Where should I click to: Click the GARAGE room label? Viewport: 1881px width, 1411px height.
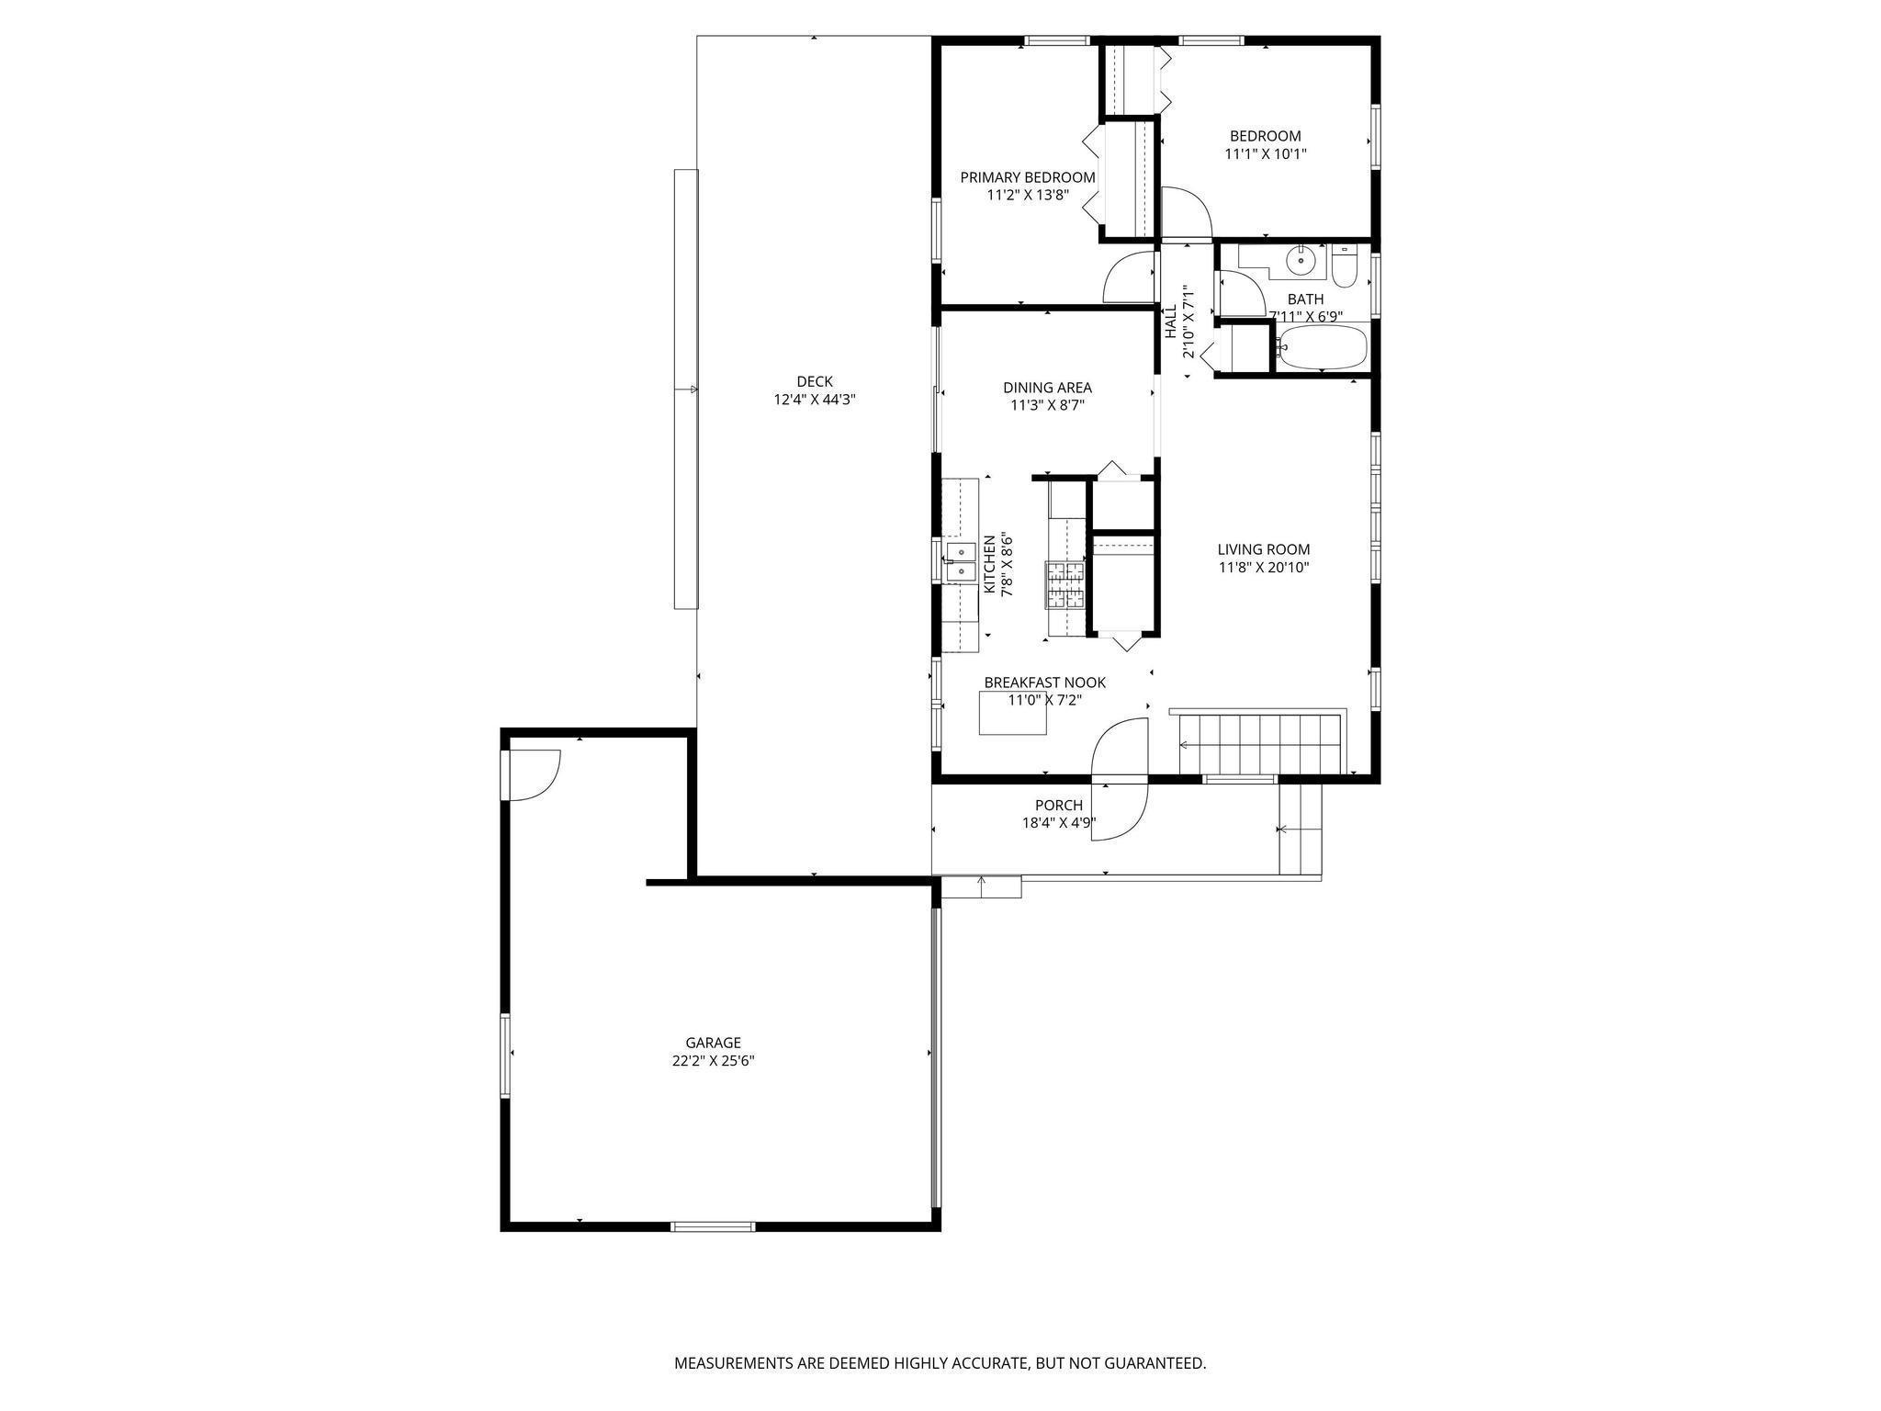click(x=713, y=1043)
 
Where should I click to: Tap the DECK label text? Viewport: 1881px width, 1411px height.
click(x=815, y=381)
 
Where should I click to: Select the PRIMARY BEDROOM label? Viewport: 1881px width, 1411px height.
click(x=1028, y=177)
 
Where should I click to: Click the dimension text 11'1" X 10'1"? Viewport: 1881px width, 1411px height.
click(x=1266, y=154)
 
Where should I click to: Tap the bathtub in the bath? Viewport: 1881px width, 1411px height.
click(x=1323, y=347)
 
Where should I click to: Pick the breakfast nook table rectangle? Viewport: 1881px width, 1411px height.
click(x=1013, y=714)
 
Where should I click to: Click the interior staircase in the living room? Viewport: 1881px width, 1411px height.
click(x=1262, y=743)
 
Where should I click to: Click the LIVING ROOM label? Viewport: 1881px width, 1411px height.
click(x=1264, y=549)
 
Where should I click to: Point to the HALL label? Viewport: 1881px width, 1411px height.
click(x=1171, y=322)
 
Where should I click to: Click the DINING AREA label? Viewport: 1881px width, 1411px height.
click(x=1047, y=388)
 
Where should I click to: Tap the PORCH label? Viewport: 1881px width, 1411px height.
click(x=1059, y=806)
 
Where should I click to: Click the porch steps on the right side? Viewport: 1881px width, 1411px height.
click(x=1301, y=830)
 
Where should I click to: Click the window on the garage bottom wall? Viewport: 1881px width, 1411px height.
click(x=713, y=1226)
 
